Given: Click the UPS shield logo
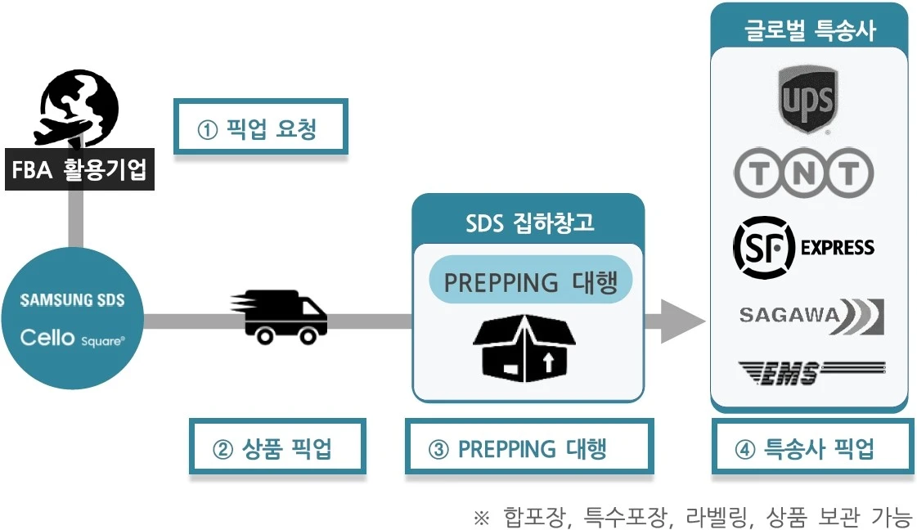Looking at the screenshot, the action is pos(808,98).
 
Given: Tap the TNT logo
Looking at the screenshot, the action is pos(803,173).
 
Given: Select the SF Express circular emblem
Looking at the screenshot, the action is pos(764,248).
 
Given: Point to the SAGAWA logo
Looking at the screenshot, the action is pos(811,317).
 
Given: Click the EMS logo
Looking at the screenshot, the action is pos(812,373).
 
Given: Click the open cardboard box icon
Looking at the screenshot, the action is pos(524,348).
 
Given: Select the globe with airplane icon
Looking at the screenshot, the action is pos(75,108).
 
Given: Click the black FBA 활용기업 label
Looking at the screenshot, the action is pos(79,169).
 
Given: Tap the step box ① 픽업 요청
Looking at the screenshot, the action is pos(261,126).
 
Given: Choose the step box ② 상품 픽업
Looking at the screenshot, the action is pos(277,446).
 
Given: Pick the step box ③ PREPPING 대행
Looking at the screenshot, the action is pos(529,446).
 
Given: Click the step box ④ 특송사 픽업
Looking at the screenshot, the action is pos(812,446).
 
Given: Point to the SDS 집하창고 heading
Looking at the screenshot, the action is pos(529,223).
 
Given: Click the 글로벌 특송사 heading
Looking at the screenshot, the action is pos(810,29).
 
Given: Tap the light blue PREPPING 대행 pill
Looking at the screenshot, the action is pos(530,280).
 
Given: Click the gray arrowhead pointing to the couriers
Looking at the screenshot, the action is pos(682,321).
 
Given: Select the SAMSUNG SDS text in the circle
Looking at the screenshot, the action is pos(73,300).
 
